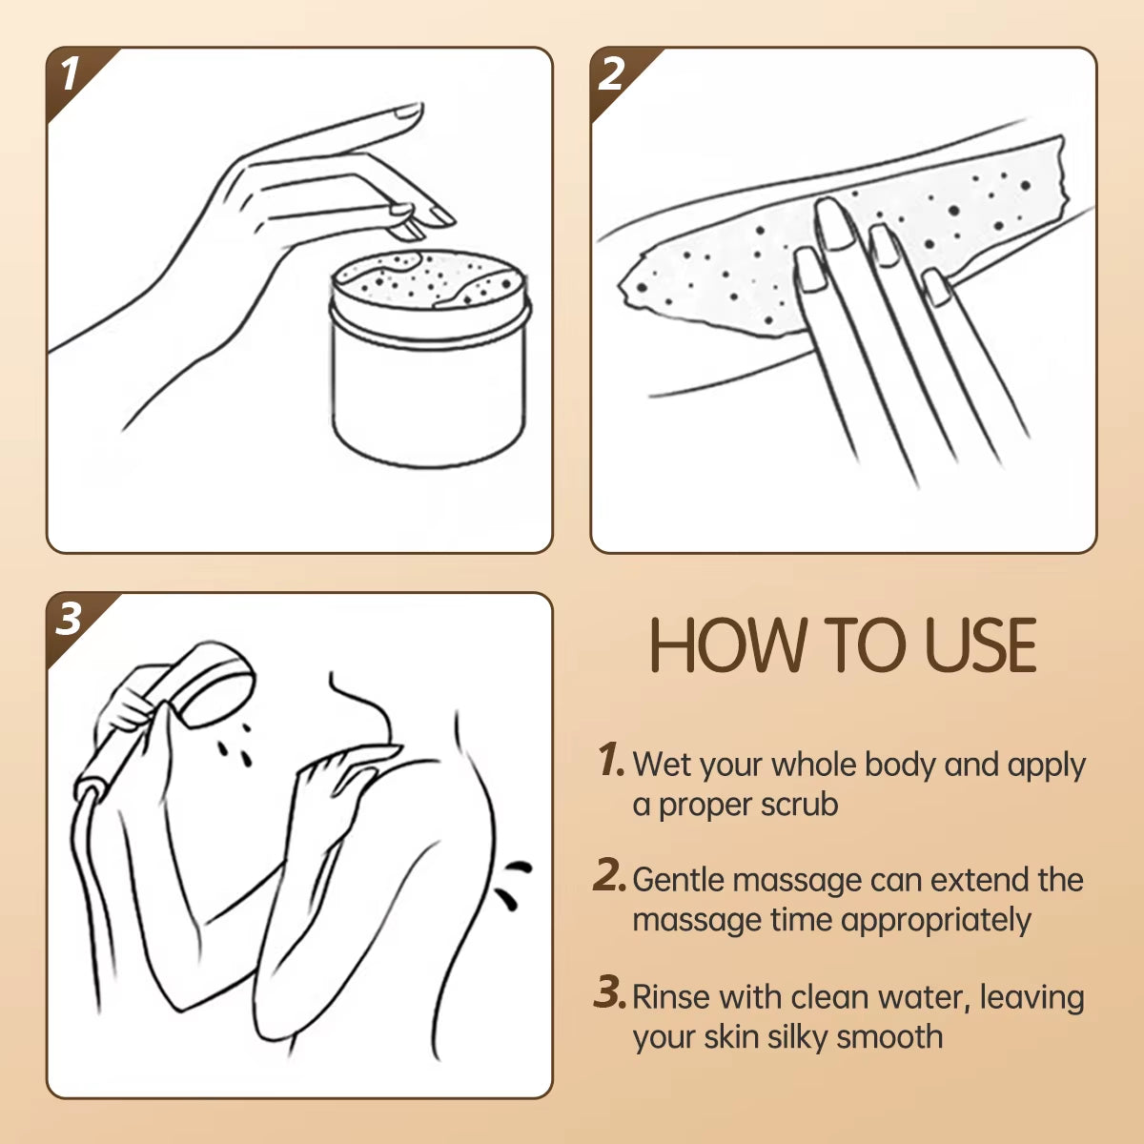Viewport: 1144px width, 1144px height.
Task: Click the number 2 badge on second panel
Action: point(612,74)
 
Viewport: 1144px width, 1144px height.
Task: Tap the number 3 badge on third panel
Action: point(69,620)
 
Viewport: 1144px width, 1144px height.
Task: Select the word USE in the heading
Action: point(981,646)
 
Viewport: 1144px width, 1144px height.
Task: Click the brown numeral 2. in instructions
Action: point(610,876)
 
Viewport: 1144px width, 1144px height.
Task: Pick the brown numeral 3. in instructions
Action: point(610,993)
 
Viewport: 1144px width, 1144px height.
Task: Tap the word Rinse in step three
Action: point(671,997)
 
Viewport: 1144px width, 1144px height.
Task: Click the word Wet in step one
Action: point(661,765)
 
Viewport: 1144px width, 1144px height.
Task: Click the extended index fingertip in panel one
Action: point(408,112)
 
